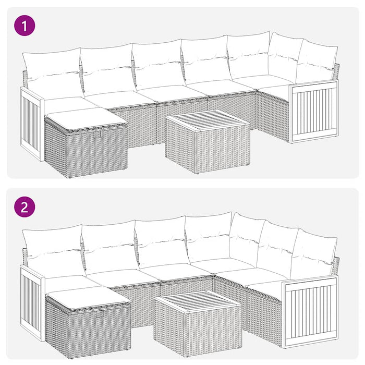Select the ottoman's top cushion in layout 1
85,118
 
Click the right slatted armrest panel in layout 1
314,111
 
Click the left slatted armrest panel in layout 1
31,123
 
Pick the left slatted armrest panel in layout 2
31,301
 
